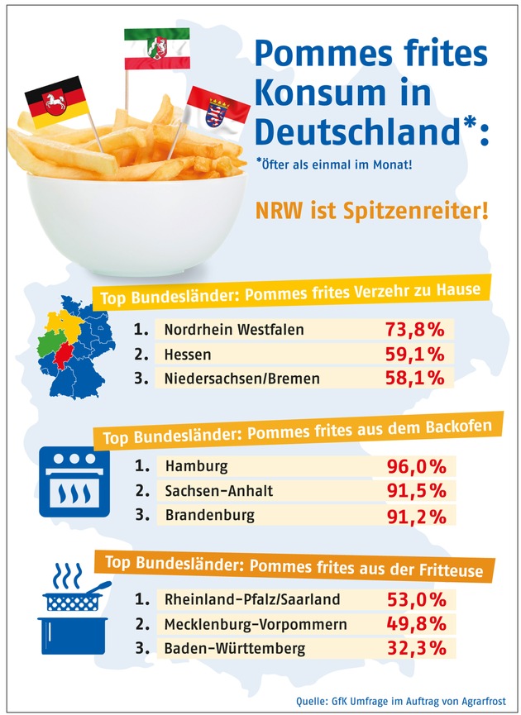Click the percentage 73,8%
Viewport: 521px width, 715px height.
(x=415, y=330)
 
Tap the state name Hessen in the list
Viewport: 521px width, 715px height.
(x=188, y=354)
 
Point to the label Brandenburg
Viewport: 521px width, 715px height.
(x=210, y=514)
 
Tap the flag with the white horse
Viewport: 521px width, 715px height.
(x=55, y=103)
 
